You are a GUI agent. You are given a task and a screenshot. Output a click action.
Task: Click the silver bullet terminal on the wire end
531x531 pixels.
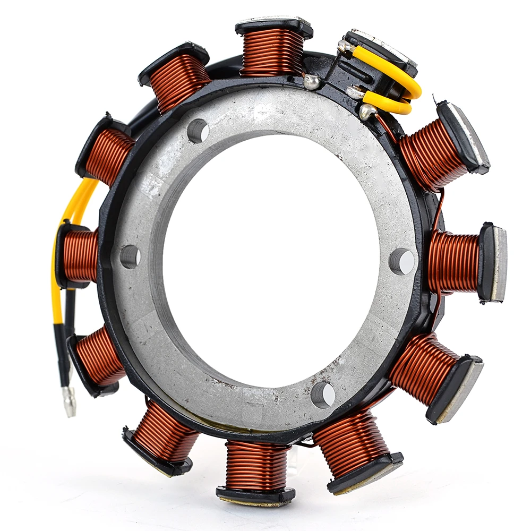pos(69,401)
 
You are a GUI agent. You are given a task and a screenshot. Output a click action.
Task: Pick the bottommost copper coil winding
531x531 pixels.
pos(256,466)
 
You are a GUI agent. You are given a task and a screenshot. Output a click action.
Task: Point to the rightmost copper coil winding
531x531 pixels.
pos(454,261)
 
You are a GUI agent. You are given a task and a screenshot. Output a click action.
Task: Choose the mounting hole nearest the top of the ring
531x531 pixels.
pos(198,131)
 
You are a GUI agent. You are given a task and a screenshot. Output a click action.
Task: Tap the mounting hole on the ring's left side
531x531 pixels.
pos(130,256)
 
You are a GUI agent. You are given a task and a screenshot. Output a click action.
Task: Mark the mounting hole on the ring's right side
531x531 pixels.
pos(402,261)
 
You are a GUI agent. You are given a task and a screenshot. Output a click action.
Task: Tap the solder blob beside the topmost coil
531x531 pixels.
pos(312,81)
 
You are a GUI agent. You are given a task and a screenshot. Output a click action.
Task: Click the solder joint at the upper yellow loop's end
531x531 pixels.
pos(348,48)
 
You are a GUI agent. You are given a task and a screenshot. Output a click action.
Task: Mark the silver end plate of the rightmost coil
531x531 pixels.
pos(499,263)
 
